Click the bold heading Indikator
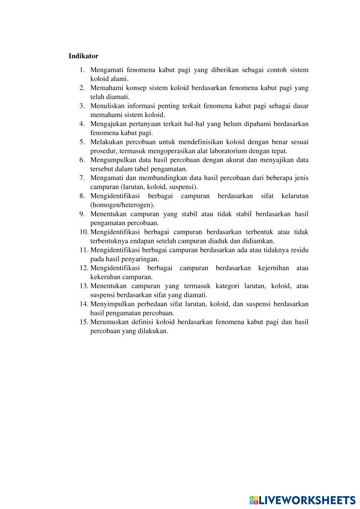coord(83,56)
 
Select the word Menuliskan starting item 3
coord(107,106)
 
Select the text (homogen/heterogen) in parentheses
coord(122,205)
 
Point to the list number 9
coord(82,214)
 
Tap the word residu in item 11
coord(300,250)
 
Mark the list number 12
coord(84,268)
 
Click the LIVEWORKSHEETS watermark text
coord(306,500)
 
